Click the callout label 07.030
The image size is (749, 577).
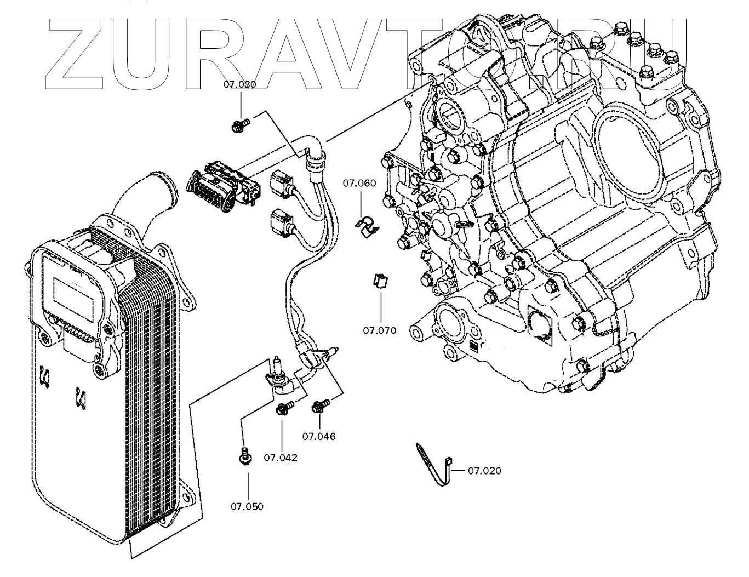(239, 84)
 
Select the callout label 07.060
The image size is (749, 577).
(359, 183)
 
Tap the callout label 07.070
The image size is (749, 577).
(379, 330)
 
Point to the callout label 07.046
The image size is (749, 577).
(319, 437)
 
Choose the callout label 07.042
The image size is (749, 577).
(281, 458)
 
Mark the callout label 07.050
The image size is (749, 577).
(247, 506)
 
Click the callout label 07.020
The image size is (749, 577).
(484, 471)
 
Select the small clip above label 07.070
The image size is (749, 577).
(380, 280)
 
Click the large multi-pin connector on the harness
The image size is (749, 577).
(219, 185)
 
